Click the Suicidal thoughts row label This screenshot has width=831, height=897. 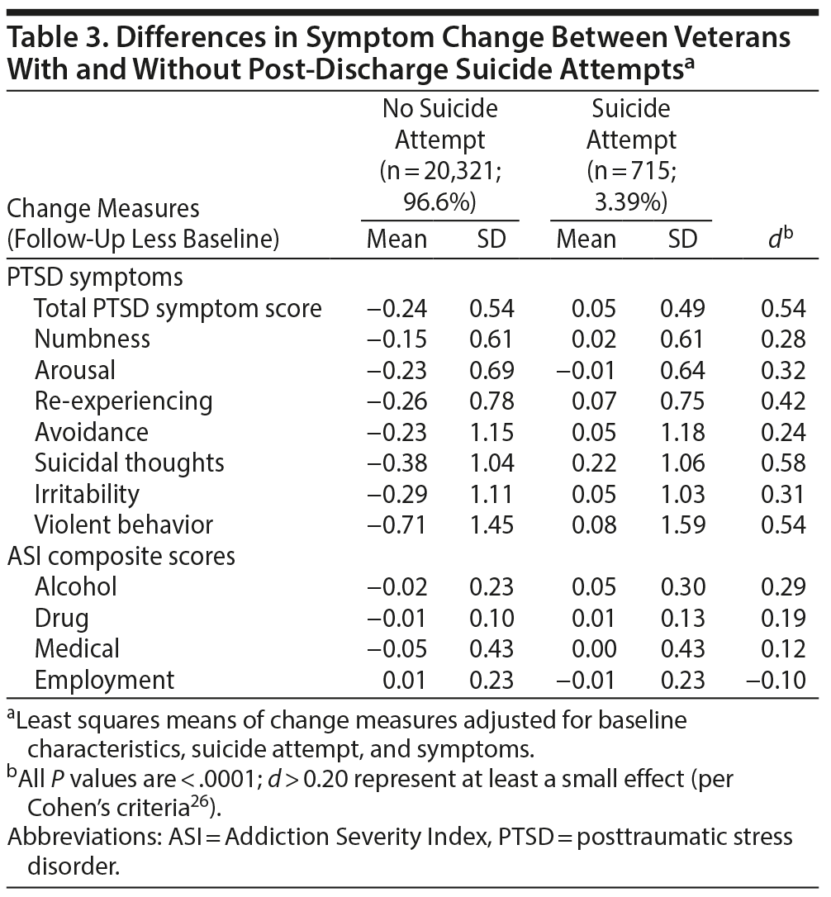[x=129, y=463]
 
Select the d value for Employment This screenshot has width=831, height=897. [x=781, y=680]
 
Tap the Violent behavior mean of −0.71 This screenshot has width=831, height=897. [x=397, y=524]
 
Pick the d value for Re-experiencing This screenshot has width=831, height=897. [x=782, y=401]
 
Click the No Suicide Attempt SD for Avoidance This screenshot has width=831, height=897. [x=491, y=432]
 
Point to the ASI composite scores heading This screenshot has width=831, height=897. [x=121, y=556]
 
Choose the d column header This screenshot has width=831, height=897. [x=781, y=239]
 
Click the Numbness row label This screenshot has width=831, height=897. [x=92, y=339]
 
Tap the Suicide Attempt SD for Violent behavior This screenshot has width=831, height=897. [x=682, y=524]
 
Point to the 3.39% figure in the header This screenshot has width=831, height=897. [x=630, y=202]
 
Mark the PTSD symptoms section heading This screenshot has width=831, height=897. [x=94, y=276]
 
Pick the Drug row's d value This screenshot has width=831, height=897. [x=782, y=618]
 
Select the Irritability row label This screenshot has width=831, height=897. [x=87, y=494]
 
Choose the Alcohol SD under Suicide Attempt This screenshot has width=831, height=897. [x=682, y=586]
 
